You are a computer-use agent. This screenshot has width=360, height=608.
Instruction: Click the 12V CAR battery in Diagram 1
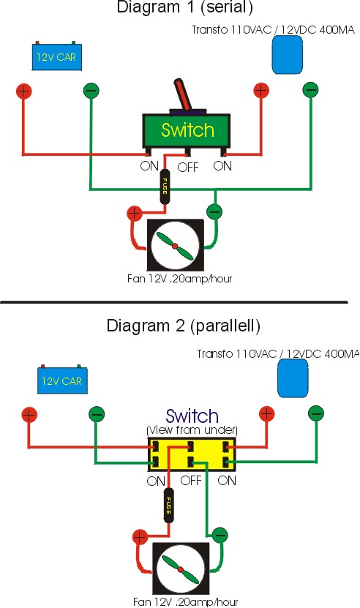(x=56, y=56)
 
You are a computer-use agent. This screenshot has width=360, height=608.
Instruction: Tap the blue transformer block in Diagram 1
(x=288, y=55)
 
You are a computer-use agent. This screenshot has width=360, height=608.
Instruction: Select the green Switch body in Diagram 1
(x=187, y=131)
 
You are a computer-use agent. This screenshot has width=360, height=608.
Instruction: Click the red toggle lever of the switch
(x=182, y=94)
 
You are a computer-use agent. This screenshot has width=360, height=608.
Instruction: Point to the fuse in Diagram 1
(x=165, y=187)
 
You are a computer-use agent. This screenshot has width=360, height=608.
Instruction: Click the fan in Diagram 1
(x=175, y=245)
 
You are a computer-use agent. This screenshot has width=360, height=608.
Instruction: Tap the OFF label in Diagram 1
(x=188, y=168)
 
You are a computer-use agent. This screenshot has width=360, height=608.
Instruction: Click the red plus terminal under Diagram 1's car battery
(x=23, y=91)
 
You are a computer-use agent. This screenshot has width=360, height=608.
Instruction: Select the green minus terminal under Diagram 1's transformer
(x=310, y=90)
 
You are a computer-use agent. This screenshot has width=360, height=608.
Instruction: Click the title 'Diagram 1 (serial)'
(x=184, y=7)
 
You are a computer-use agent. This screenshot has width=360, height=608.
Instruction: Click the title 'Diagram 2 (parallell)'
(x=183, y=326)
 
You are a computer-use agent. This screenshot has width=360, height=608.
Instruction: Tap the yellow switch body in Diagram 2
(x=192, y=454)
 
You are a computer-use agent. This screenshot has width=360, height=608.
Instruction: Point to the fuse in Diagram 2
(x=169, y=506)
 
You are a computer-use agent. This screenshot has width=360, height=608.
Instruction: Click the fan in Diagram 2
(x=181, y=569)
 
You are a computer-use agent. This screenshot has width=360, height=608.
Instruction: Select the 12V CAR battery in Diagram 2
(x=62, y=380)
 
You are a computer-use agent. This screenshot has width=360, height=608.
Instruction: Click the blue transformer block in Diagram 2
(x=293, y=378)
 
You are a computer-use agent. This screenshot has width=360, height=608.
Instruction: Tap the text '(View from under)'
(x=192, y=430)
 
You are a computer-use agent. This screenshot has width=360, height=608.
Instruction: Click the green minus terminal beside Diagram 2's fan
(x=220, y=536)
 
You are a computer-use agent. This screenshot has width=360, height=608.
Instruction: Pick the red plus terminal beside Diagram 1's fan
(x=135, y=213)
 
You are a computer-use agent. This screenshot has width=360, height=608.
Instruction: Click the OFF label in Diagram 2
(x=191, y=481)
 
